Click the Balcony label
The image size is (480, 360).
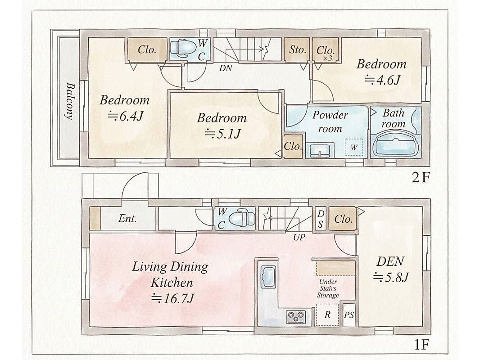[70, 101]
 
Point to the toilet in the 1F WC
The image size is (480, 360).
[242, 218]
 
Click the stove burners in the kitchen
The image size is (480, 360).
[296, 316]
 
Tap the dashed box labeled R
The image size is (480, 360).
[327, 315]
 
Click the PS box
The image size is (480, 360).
[349, 315]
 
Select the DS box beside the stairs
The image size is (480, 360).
[321, 219]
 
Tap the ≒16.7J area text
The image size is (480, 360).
[172, 298]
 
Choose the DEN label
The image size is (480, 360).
[390, 261]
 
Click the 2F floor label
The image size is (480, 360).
[421, 177]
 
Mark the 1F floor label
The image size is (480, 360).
[421, 345]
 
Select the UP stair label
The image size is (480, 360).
[299, 237]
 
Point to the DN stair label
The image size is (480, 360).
[226, 68]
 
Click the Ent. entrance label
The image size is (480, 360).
[127, 218]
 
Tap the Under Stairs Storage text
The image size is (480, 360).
[328, 288]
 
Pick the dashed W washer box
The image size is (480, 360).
[354, 147]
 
